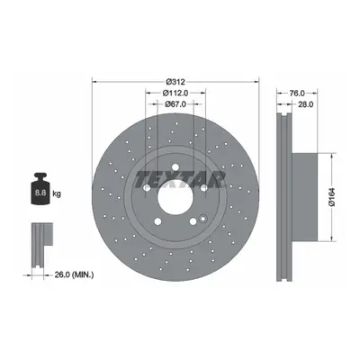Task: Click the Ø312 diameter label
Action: coord(175,81)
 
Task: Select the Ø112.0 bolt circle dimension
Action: coord(175,94)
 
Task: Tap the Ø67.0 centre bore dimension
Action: coord(175,104)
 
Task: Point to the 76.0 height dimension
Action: coord(297,94)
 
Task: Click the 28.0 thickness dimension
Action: coord(306,104)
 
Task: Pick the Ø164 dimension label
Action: coord(332,197)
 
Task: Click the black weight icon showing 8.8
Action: coord(40,189)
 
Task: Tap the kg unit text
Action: coord(57,193)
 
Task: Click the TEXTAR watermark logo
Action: coord(180,180)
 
